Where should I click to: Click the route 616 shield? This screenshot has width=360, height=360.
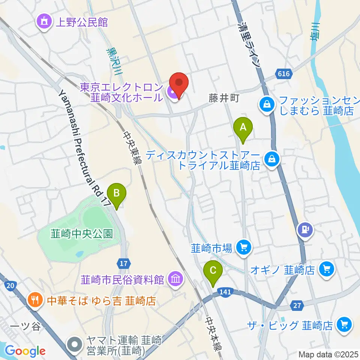[284, 74]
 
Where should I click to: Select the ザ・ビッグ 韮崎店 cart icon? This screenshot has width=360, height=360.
[343, 324]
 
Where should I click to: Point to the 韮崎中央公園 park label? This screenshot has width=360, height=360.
[81, 234]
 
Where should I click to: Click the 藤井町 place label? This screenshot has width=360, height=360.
[224, 99]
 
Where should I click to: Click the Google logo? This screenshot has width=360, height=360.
[25, 351]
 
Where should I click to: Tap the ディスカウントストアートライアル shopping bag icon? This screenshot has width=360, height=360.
[271, 159]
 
